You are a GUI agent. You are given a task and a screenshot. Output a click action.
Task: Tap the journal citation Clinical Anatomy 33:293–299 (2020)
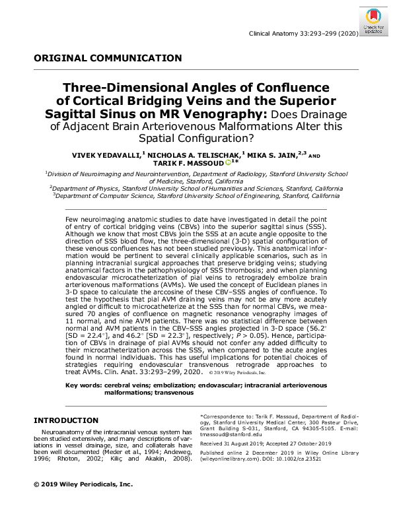303,34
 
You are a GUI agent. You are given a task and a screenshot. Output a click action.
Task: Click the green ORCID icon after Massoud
227,162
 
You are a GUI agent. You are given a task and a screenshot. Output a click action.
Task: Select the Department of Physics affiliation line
196,188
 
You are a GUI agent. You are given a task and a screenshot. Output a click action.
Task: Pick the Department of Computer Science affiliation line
196,196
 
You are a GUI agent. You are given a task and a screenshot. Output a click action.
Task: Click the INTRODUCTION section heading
66,420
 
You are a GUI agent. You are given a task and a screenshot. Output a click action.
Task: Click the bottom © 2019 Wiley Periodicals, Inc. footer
83,484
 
